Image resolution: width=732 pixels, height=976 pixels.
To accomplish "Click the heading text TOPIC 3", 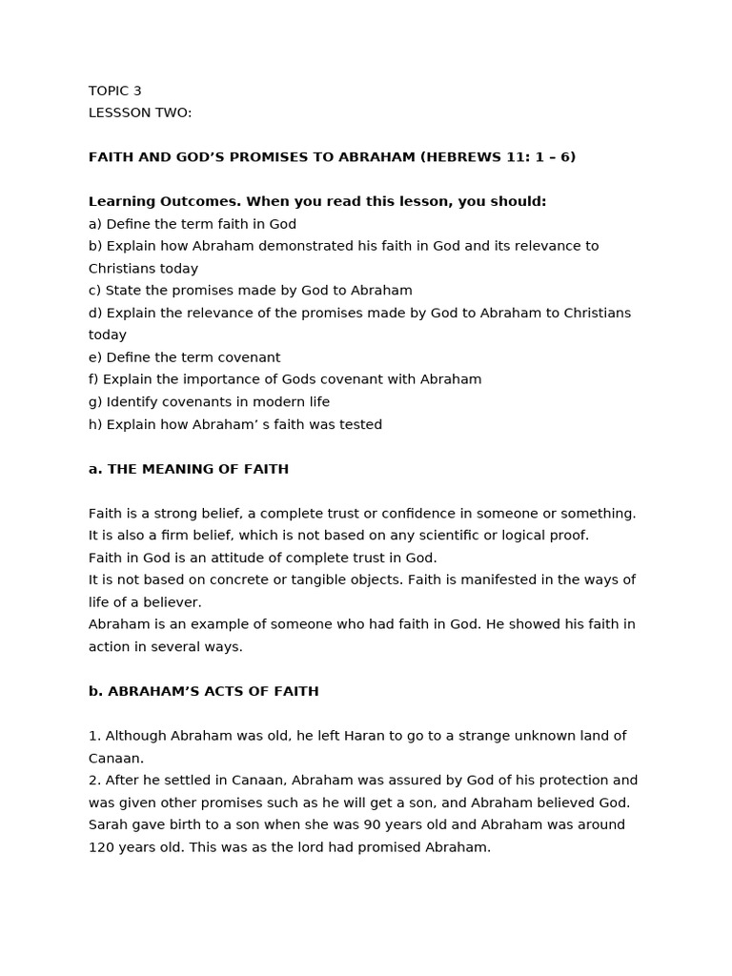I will coord(114,91).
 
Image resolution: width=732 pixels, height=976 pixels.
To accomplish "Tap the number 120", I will coord(101,846).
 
